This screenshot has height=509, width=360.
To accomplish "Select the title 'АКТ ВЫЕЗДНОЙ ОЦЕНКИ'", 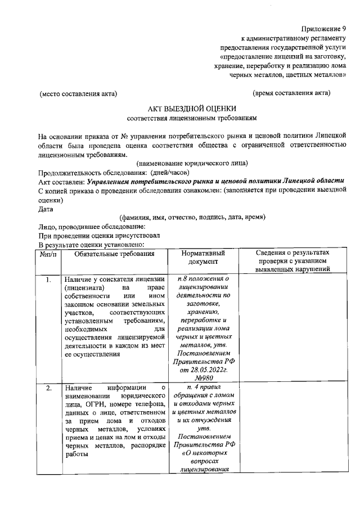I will (x=192, y=109).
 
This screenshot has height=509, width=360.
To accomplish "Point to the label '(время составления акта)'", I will (x=291, y=92).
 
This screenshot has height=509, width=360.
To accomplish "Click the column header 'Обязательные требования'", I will (x=114, y=254).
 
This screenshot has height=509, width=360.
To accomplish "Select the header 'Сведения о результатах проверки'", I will (x=293, y=261).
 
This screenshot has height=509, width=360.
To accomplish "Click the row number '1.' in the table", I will (x=49, y=280).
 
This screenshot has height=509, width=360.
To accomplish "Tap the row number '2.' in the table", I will (x=49, y=388).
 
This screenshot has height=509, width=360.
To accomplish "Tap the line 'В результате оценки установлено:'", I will (x=92, y=245).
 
